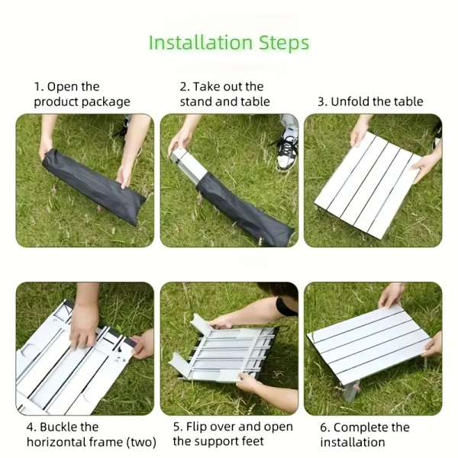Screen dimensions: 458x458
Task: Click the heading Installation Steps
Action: point(229,42)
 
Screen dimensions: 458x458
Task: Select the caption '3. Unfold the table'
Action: point(370,102)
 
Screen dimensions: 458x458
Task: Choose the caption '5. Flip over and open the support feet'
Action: point(233,434)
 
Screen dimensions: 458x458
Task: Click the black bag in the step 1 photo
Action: point(92,183)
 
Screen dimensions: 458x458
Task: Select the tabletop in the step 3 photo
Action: point(366,183)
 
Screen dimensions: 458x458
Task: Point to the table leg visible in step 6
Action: point(350,392)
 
